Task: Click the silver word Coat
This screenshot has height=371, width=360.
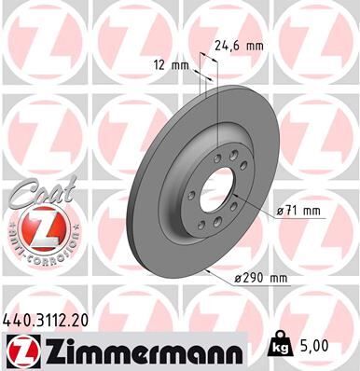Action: (36, 196)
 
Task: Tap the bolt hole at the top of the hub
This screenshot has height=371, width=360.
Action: (218, 158)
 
